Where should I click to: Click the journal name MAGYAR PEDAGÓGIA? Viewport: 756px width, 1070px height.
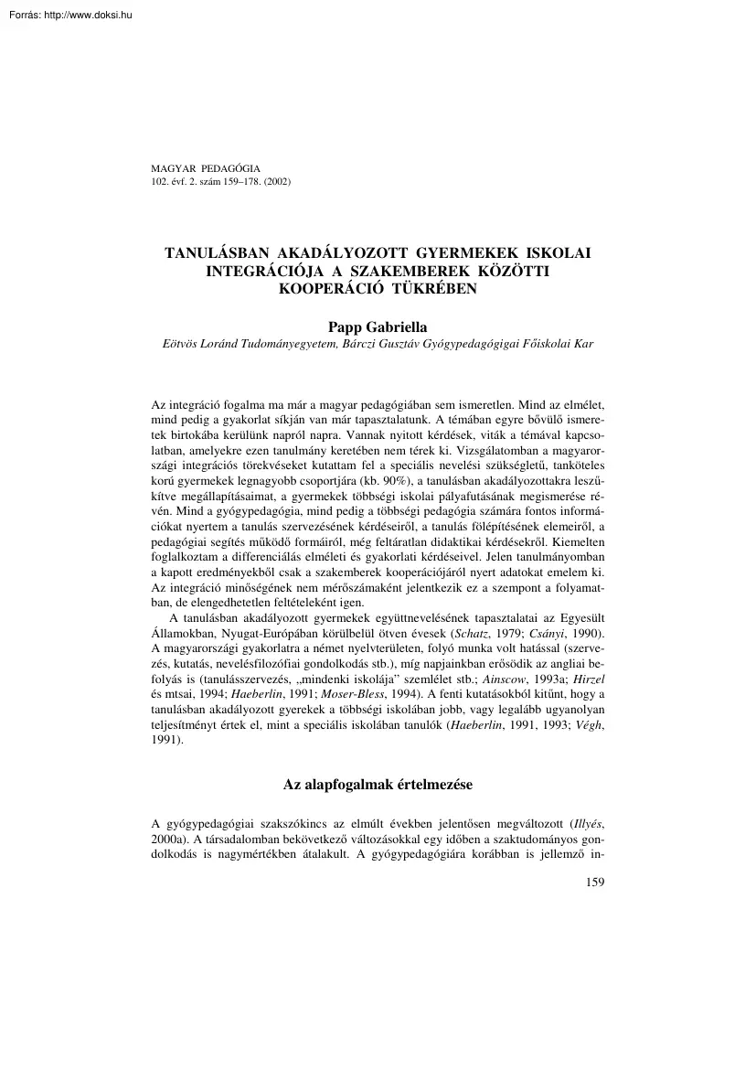[x=205, y=169]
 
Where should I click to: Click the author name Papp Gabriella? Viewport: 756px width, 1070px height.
[x=378, y=326]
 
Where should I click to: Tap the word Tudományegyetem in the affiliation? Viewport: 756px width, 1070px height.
[x=291, y=343]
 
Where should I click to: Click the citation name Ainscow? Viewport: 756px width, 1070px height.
[x=505, y=680]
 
